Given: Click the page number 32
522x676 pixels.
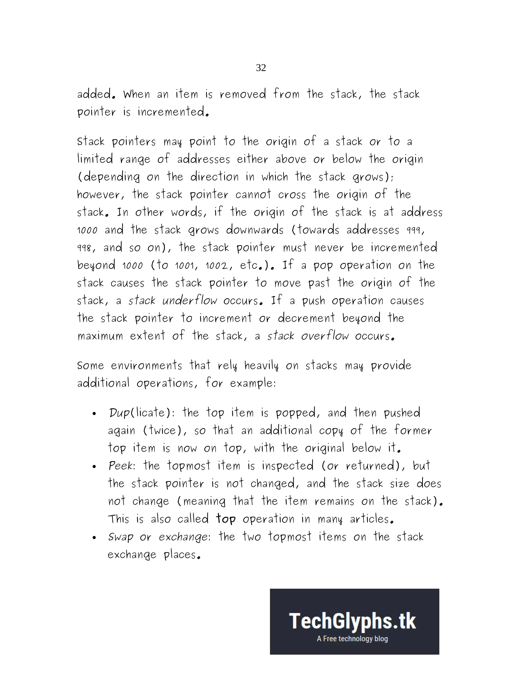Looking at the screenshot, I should [261, 68].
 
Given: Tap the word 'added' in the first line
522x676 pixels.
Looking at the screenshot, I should [94, 94].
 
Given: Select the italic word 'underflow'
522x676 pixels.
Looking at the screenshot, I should [190, 300].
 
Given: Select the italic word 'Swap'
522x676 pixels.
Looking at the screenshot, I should [121, 537].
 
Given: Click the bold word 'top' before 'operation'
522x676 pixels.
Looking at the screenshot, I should [226, 519].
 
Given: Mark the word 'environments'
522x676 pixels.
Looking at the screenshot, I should [146, 366].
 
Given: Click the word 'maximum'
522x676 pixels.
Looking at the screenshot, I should [100, 336].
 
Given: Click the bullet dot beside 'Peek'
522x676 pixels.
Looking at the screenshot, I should [94, 467].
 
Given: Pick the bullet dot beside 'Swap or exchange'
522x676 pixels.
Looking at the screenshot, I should [94, 538].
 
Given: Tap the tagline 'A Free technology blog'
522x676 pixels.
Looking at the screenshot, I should [352, 639].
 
